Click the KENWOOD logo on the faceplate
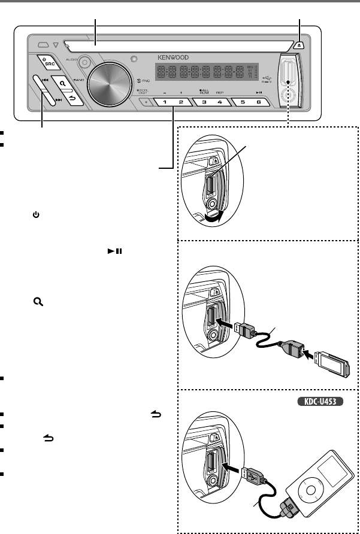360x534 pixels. (x=173, y=58)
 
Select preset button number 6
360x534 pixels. (x=258, y=102)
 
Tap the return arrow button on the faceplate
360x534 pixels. (x=74, y=98)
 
